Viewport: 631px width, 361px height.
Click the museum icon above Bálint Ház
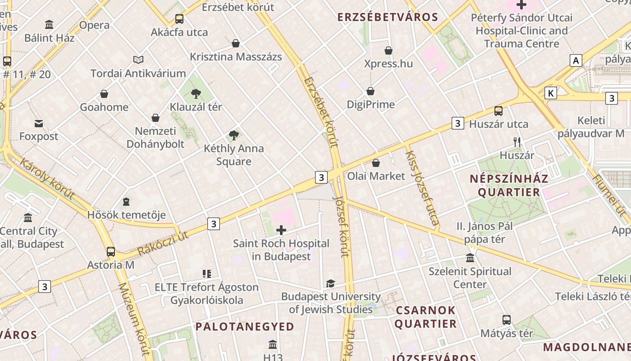(x=49, y=24)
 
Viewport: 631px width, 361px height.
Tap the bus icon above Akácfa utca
(x=179, y=19)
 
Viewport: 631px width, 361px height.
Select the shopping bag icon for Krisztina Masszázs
(x=235, y=43)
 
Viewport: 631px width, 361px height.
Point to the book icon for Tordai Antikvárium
(x=138, y=60)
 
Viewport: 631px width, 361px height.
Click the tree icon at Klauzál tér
(x=196, y=94)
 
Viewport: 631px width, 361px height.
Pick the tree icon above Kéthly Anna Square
(x=233, y=135)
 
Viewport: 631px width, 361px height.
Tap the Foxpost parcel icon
(x=39, y=123)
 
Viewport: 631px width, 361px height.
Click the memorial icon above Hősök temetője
(x=126, y=201)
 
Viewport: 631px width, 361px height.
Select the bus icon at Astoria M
(x=111, y=252)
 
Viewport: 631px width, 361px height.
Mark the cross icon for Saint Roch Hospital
(x=281, y=230)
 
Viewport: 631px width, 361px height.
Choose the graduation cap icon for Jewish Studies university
(x=330, y=283)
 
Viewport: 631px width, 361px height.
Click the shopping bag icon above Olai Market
(x=376, y=163)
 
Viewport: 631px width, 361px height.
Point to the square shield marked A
(x=576, y=60)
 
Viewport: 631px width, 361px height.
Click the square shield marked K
(x=550, y=93)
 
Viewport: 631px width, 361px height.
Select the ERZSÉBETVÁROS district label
(x=388, y=17)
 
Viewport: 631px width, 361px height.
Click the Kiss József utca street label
(x=422, y=188)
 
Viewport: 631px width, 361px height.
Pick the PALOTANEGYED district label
(x=245, y=326)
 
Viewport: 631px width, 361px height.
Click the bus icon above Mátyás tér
(x=507, y=320)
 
